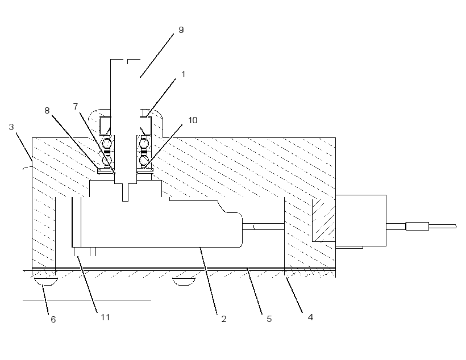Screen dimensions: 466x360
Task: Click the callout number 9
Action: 181,30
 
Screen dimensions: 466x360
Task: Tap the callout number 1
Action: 184,74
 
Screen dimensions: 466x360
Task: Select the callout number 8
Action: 47,111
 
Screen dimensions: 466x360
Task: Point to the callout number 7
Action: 76,106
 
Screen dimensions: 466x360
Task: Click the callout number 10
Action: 193,120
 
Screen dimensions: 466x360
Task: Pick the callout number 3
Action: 11,127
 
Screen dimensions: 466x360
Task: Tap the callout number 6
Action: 53,319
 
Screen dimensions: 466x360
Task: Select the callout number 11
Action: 105,317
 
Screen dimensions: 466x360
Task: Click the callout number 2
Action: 224,319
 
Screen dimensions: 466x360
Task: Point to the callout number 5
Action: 269,319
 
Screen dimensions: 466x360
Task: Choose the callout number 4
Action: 310,317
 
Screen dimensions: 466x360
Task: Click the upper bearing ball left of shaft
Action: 107,144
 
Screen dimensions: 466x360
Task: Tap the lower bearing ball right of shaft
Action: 144,160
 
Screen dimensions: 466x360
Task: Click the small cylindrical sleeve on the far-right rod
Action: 417,227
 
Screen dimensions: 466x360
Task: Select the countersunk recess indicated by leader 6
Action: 46,282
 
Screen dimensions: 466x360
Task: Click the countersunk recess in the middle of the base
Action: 184,282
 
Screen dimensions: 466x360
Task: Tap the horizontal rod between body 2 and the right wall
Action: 263,227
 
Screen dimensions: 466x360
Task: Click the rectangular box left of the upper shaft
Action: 105,125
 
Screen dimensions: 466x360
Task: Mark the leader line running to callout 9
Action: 157,56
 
